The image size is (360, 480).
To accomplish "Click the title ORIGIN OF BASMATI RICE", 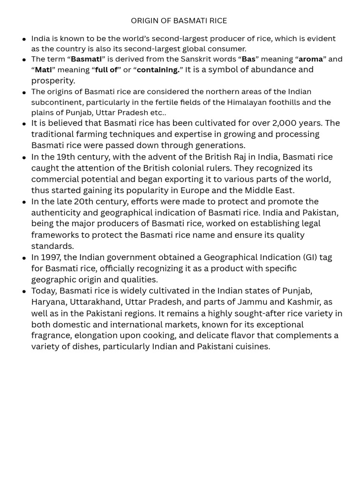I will (179, 21).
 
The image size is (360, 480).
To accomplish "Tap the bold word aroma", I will (310, 59).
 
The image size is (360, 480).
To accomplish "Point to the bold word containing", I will (158, 70).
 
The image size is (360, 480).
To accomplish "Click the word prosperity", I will (52, 81).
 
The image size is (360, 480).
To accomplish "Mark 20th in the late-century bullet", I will (84, 202).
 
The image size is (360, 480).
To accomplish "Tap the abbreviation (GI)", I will (309, 257).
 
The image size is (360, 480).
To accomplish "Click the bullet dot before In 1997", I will (24, 258).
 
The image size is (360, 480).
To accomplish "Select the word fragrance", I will (51, 336).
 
